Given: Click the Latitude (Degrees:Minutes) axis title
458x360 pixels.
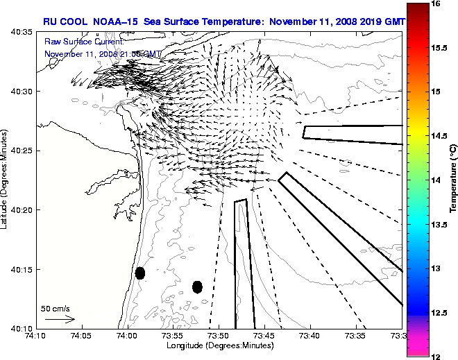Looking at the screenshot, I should click(6, 180).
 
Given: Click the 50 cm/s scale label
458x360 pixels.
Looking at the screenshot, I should click(54, 308).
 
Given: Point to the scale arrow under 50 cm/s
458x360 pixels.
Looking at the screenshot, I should click(60, 319).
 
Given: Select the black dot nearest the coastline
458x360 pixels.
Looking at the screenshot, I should click(140, 273).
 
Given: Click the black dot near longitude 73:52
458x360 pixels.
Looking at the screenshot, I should click(197, 286).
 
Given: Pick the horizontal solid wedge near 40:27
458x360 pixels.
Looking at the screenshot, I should click(353, 134).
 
